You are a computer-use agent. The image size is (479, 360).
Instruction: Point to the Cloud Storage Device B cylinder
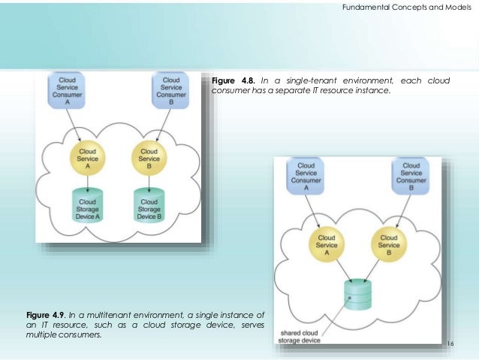point(149,204)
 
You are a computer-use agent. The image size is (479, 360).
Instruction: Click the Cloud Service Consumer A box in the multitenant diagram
point(306,177)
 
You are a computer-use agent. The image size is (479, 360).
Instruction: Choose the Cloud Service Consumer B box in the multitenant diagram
point(411,177)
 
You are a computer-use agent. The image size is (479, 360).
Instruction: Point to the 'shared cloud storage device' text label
point(301,336)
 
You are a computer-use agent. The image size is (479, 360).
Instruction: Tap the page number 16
point(451,343)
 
